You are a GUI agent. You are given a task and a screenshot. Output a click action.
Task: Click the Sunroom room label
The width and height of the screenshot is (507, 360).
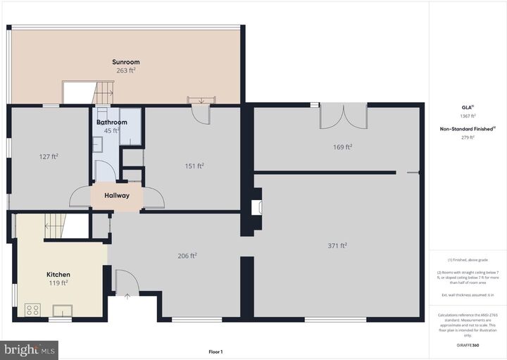(x=125, y=62)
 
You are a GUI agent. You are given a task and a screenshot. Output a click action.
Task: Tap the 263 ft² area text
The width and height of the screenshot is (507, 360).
(x=125, y=70)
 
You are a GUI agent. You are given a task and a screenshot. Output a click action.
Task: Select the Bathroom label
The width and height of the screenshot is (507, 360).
(x=112, y=122)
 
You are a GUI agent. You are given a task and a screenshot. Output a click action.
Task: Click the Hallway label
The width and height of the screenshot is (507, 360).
(x=117, y=196)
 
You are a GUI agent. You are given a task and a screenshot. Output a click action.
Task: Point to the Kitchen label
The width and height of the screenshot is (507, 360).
(x=58, y=274)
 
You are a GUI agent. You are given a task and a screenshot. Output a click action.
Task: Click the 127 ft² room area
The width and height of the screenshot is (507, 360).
(x=49, y=156)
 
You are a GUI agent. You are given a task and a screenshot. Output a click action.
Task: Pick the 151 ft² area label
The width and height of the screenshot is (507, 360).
(x=194, y=166)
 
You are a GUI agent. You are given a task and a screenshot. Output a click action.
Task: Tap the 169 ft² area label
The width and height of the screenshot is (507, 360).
(x=342, y=147)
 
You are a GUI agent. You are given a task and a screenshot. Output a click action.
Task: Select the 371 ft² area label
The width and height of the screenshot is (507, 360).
(x=337, y=245)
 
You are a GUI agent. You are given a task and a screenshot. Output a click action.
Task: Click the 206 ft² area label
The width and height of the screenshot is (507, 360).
(x=187, y=255)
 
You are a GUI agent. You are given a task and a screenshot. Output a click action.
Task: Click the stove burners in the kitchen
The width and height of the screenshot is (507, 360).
(x=32, y=309)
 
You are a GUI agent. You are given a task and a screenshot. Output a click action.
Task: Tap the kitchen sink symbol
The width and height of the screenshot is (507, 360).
(x=63, y=309)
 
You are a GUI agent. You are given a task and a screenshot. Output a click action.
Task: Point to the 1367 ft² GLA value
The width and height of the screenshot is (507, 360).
(x=468, y=116)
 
